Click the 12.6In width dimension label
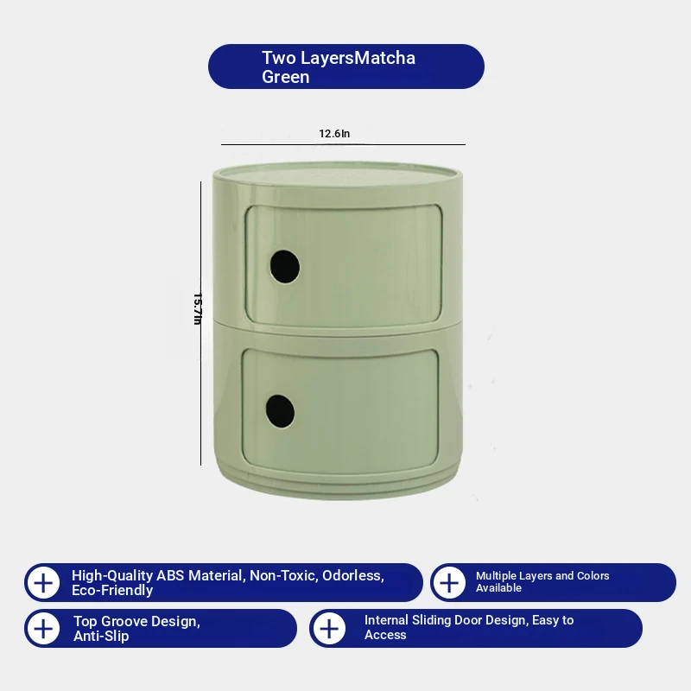point(334,134)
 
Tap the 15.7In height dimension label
point(198,309)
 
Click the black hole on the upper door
point(285,267)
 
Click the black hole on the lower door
point(280,411)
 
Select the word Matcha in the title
point(384,58)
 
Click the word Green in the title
point(286,77)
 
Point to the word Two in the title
point(279,58)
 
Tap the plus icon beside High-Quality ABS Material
point(43,583)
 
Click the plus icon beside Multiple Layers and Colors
point(449,583)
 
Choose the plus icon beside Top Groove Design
point(43,629)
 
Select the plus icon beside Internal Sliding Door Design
point(329,629)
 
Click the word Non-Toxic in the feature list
point(284,575)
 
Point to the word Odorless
point(353,575)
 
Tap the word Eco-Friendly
point(112,591)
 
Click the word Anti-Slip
point(101,636)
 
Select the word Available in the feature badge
point(498,588)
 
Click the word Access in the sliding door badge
point(385,635)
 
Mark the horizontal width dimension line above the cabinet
point(343,144)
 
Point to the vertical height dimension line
point(201,323)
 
